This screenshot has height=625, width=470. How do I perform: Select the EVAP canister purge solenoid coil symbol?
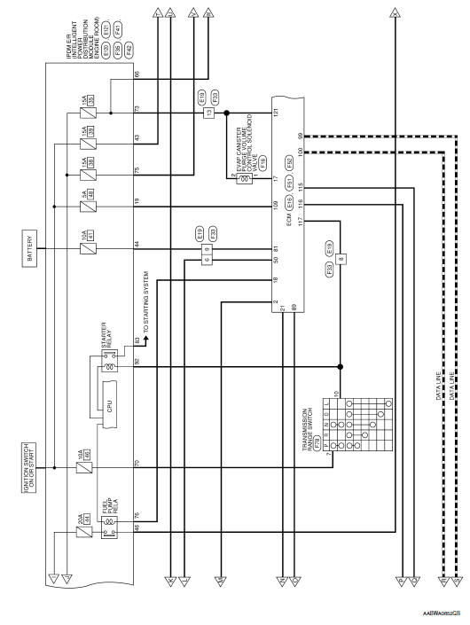pyautogui.click(x=233, y=175)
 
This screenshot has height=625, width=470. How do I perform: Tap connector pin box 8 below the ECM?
pyautogui.click(x=341, y=259)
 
